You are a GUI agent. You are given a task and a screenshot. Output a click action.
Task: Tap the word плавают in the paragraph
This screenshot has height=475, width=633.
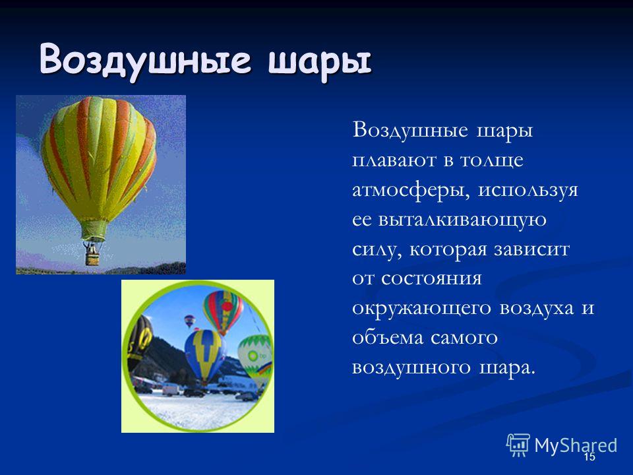click(x=394, y=160)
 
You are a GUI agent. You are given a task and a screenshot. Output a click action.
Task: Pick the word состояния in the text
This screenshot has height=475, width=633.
click(x=431, y=279)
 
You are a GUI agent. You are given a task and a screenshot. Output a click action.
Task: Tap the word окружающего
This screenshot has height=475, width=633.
click(x=422, y=309)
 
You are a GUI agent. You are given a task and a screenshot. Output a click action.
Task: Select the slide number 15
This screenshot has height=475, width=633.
click(x=589, y=457)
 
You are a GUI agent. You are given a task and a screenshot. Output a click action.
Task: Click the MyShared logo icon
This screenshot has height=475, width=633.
click(x=518, y=445)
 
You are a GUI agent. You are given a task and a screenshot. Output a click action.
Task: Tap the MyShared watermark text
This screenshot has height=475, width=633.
click(x=576, y=445)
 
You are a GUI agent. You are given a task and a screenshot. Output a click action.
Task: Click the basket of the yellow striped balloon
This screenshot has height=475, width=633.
click(x=92, y=256)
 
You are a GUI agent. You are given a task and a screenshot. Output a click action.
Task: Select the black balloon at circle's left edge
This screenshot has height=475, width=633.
click(x=138, y=343)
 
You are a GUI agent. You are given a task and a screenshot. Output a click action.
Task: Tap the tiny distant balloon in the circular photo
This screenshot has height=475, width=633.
click(x=189, y=321)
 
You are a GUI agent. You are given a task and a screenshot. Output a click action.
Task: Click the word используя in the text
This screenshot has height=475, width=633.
click(x=528, y=191)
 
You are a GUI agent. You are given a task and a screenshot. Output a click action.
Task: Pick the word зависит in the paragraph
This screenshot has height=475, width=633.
click(x=531, y=249)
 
